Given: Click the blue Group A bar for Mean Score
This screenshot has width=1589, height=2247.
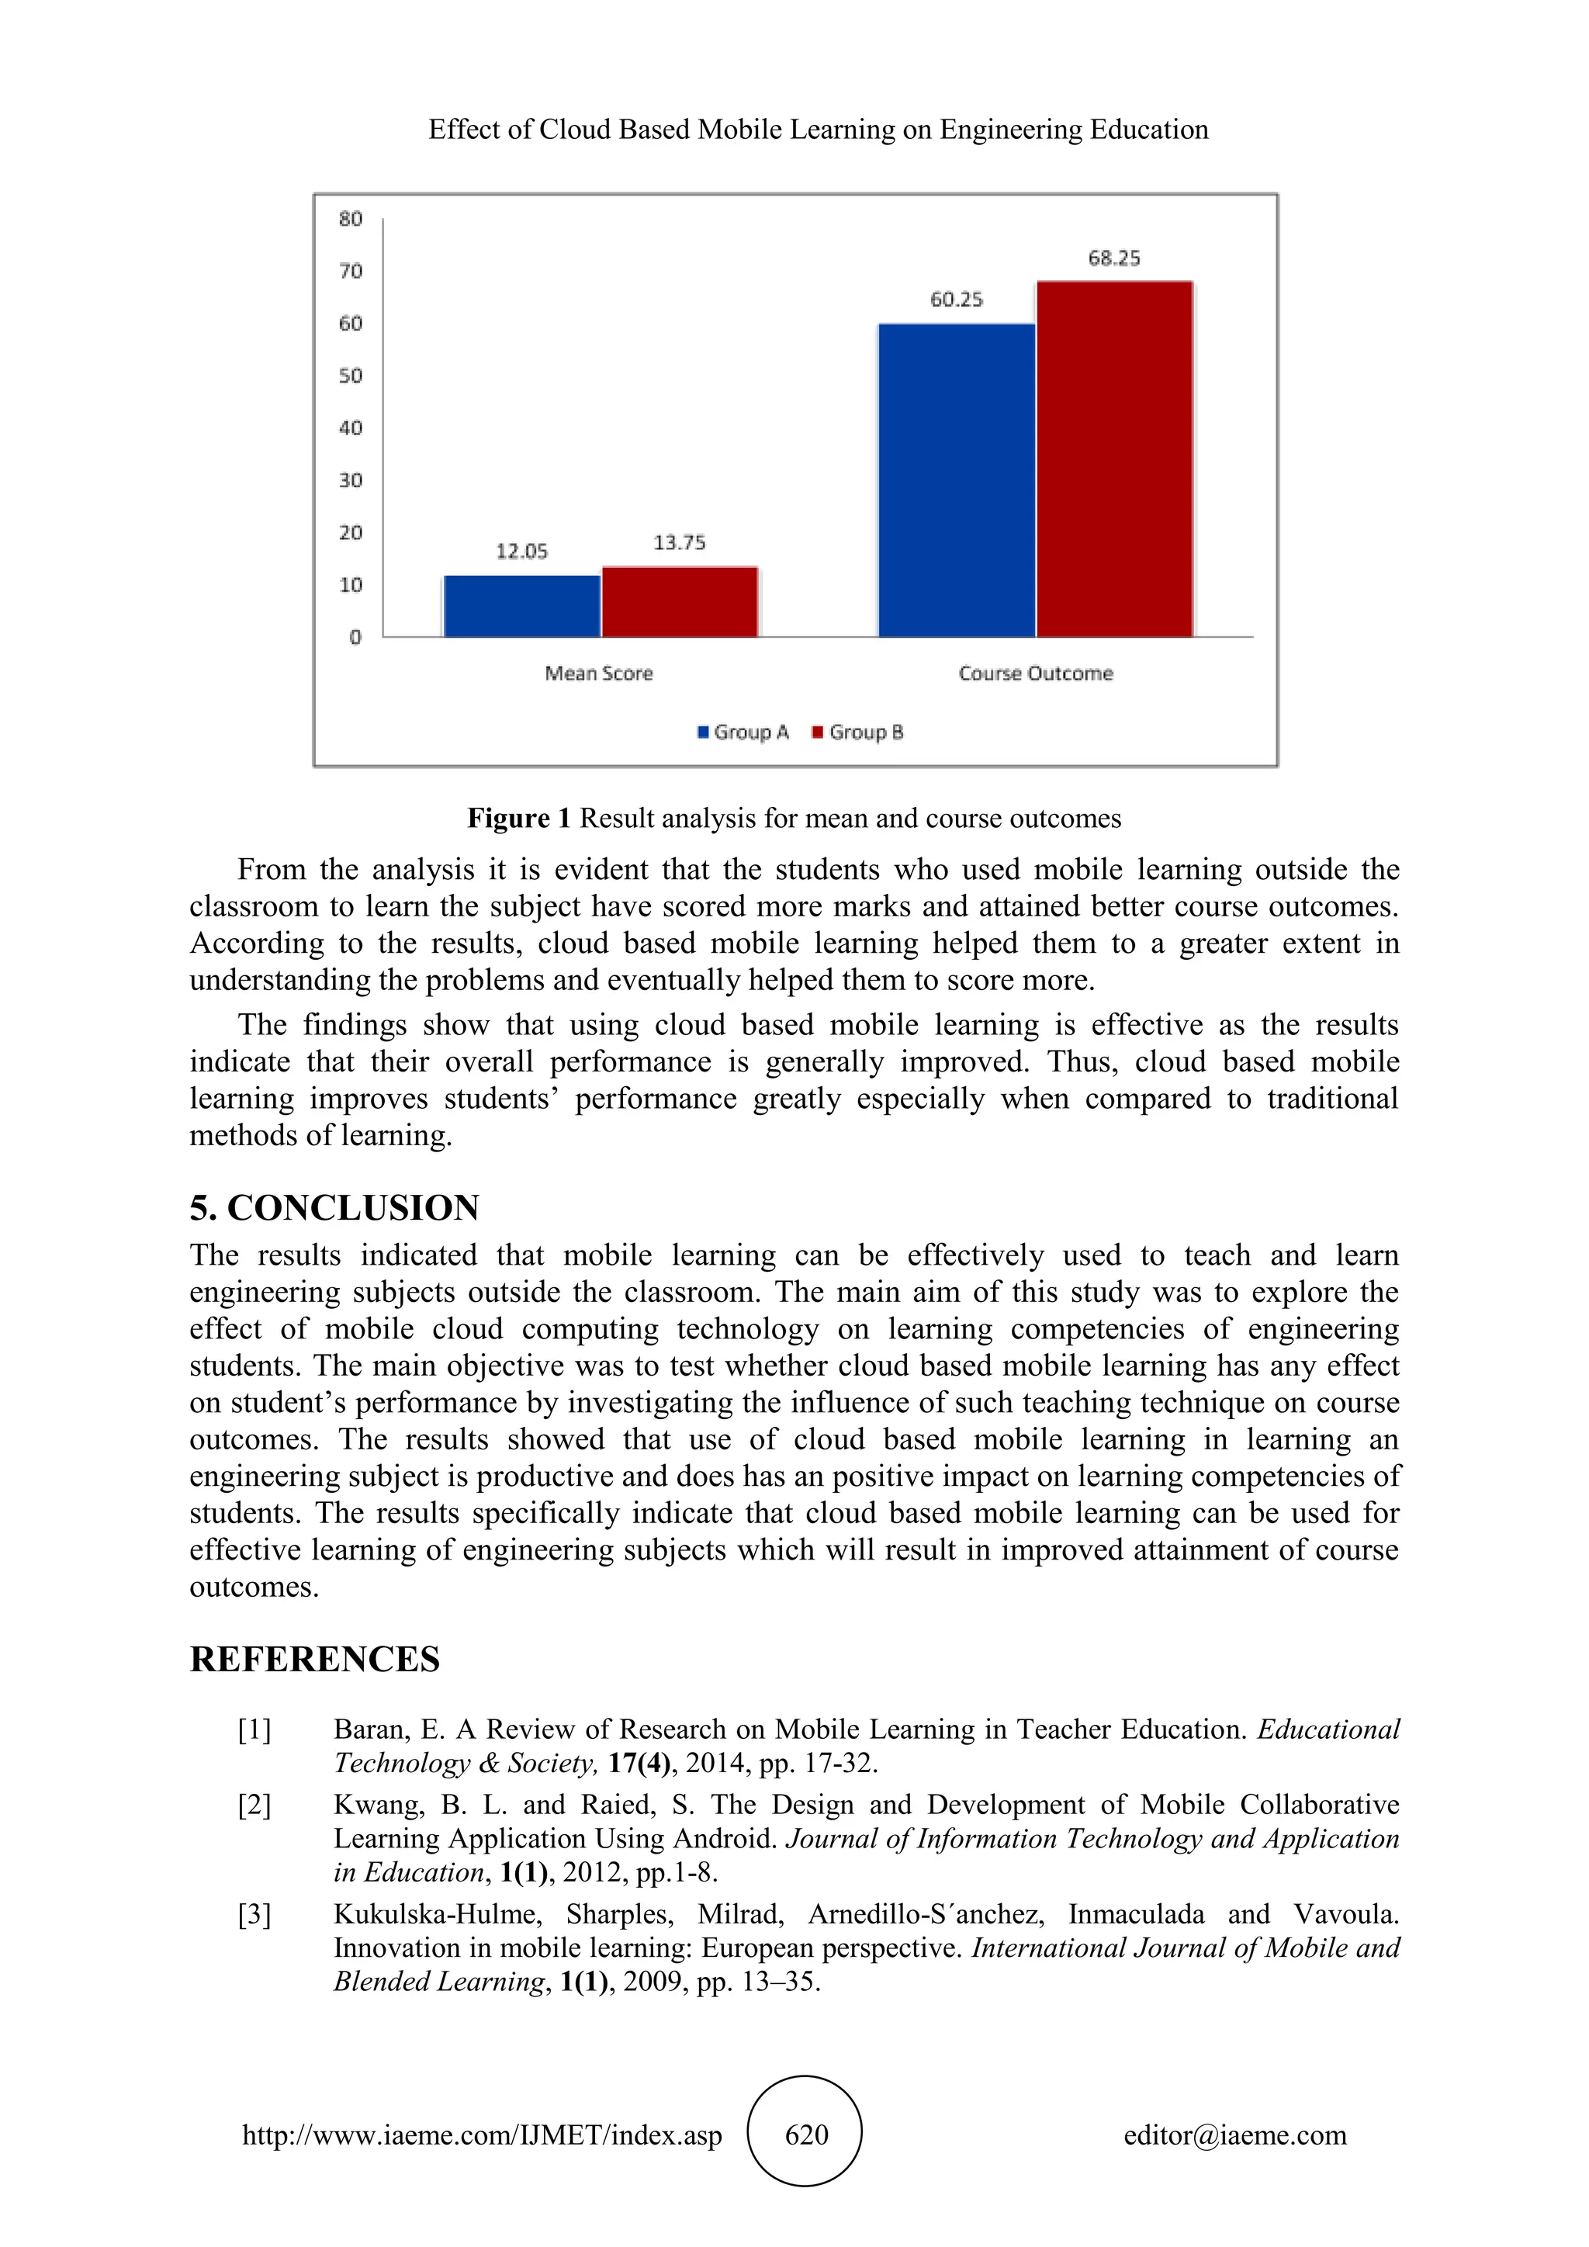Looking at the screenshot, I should pos(521,607).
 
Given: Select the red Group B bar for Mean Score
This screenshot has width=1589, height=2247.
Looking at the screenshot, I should pos(680,602).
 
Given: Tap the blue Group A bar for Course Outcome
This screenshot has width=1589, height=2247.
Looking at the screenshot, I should pos(956,480).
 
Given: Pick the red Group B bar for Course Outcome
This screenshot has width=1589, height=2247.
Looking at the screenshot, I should pos(1114,460).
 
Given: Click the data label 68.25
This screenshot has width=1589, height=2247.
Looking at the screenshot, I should pos(1114,258).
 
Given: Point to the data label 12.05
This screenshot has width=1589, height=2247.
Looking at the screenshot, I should pos(521,552).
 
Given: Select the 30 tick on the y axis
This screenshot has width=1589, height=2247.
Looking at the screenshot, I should pos(350,480).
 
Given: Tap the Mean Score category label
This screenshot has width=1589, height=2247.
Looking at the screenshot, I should pos(598,673).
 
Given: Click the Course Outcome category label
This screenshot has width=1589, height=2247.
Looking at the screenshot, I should pos(1035,673).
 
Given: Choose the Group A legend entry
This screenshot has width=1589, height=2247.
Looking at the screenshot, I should pos(743,732).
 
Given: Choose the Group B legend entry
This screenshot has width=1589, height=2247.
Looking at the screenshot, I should pos(858,732).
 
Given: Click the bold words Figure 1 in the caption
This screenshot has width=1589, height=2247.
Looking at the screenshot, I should pos(518,818).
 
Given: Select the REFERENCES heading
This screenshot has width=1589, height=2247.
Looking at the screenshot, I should pos(315,1659).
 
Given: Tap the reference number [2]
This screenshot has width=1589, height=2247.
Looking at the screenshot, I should pos(254,1804).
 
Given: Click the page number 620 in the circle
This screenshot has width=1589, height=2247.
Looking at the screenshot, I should pos(805,2134).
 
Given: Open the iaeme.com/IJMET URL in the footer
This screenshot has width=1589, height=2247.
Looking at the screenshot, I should pos(483,2135).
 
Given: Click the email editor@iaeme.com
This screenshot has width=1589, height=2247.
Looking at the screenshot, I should pos(1234,2135).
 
